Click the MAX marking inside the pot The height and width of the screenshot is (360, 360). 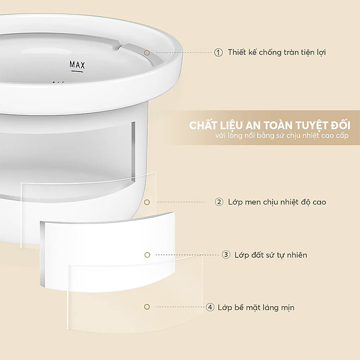pos(77,65)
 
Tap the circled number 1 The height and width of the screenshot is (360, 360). pos(218,53)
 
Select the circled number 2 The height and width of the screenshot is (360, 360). pos(219,202)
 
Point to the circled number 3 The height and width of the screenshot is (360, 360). pos(226,254)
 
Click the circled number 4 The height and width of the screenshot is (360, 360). pos(210,307)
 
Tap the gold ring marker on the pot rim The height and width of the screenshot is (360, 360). pos(147,53)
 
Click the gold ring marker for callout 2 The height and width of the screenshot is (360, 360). pos(147,202)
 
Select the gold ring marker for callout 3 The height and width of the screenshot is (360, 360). pos(147,255)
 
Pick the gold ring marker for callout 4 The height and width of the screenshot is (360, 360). pos(147,307)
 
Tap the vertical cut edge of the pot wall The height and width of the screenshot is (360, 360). pos(133,152)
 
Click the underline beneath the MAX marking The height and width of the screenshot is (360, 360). pos(77,71)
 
